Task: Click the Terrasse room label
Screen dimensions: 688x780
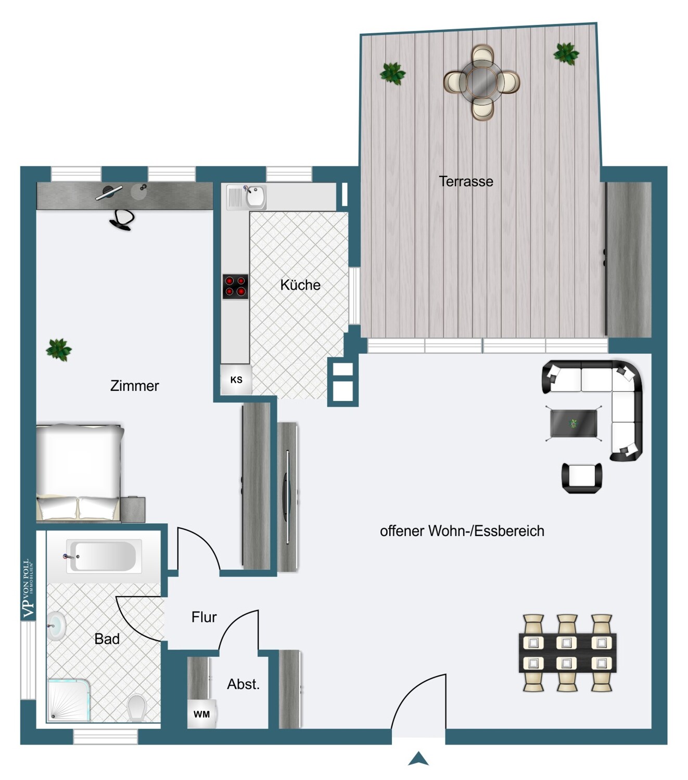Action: [x=466, y=181]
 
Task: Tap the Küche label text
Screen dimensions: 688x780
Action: [x=300, y=285]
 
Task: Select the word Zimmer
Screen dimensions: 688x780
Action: [x=134, y=386]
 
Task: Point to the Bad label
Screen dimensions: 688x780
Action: [x=107, y=639]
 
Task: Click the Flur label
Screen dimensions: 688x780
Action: [x=204, y=617]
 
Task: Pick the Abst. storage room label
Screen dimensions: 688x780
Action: [x=243, y=684]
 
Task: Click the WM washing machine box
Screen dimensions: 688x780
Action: [x=201, y=714]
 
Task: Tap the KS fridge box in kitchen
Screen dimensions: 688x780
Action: [x=236, y=380]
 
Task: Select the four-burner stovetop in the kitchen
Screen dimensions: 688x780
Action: [x=235, y=287]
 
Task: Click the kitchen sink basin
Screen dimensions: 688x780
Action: [x=256, y=197]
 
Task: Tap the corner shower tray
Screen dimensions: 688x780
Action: [x=69, y=700]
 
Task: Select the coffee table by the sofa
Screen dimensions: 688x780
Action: [x=574, y=423]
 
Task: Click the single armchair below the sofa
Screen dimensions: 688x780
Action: [x=582, y=478]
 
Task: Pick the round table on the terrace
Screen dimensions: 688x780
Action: [x=482, y=82]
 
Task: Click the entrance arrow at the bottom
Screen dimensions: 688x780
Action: [x=418, y=759]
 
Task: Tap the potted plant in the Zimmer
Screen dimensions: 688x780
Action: [x=59, y=349]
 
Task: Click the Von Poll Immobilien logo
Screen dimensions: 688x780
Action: [x=28, y=589]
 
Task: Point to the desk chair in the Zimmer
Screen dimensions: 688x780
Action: [x=122, y=220]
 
